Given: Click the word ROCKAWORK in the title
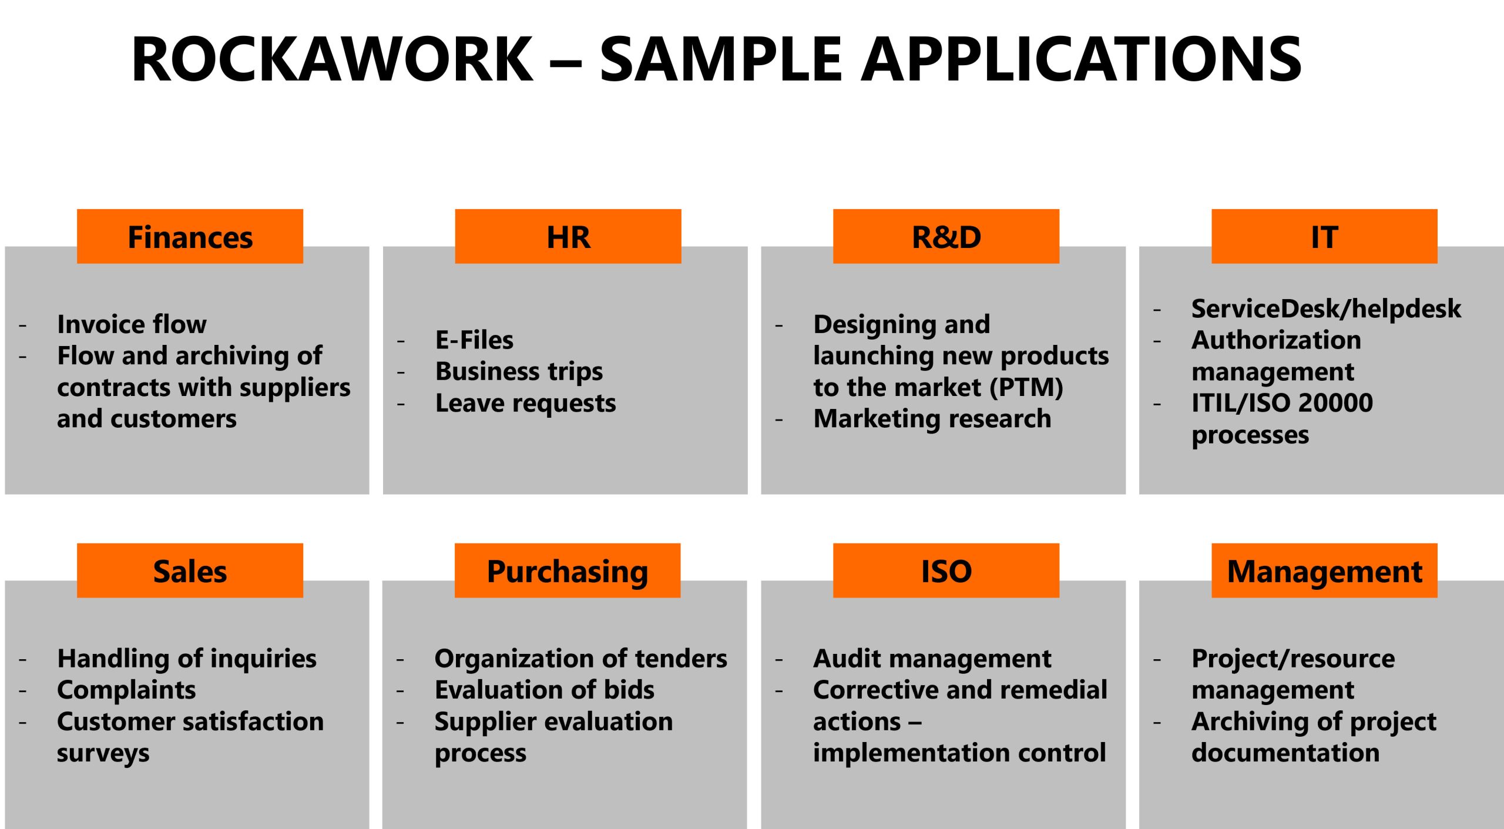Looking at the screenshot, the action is [333, 59].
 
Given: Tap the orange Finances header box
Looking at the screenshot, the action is [190, 236].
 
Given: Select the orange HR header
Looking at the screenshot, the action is [568, 236].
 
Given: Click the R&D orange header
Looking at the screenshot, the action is [946, 236].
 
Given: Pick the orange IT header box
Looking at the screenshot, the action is [1324, 236].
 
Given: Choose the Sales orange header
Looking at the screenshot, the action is [190, 570].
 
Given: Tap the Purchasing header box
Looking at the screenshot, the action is [568, 570].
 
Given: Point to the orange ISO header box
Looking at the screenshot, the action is [946, 570].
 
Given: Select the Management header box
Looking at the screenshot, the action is [1324, 570].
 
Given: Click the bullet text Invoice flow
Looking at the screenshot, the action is [132, 324].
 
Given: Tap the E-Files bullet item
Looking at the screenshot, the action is [474, 340].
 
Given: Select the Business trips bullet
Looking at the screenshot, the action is [519, 372].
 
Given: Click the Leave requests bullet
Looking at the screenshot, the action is [525, 404].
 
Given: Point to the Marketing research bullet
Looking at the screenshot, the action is [932, 419].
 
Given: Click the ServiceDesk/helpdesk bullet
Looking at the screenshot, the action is [1326, 309].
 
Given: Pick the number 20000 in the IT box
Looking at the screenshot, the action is [1335, 403].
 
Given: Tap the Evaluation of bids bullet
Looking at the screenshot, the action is [544, 690].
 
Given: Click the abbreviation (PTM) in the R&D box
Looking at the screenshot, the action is [1026, 388].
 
